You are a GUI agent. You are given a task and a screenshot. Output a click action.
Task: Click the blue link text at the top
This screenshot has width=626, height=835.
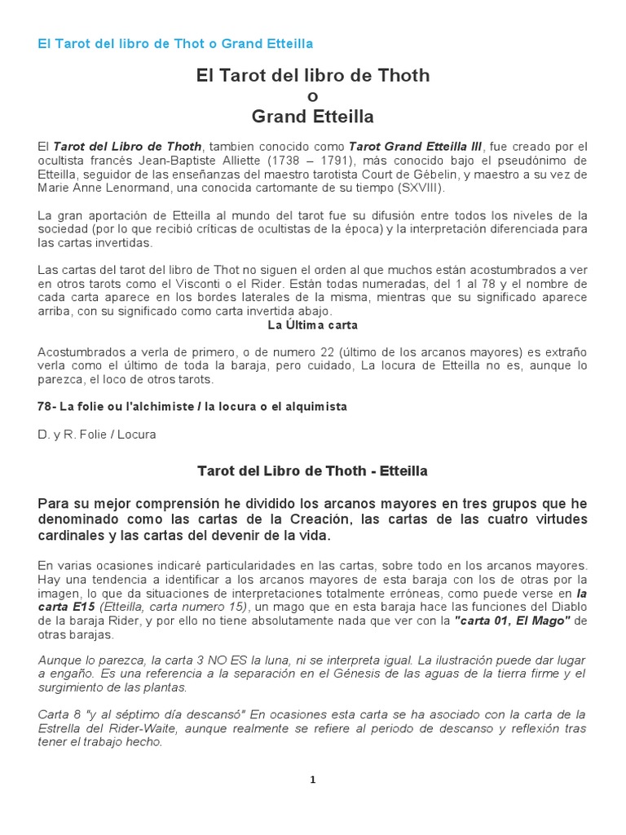(x=175, y=43)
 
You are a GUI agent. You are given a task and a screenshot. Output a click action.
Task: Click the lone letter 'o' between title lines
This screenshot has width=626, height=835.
(x=313, y=97)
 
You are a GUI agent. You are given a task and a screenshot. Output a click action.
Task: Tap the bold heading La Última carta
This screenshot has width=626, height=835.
(x=312, y=325)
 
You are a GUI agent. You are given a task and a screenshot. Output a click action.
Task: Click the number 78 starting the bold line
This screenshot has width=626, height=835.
(x=45, y=407)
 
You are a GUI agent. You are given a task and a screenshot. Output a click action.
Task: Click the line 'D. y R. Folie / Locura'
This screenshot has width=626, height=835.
(x=96, y=435)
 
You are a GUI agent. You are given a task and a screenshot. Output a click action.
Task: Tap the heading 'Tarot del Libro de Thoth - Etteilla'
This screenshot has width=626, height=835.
(x=313, y=471)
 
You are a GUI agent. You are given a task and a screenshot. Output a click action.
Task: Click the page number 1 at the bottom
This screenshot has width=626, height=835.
(x=312, y=780)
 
